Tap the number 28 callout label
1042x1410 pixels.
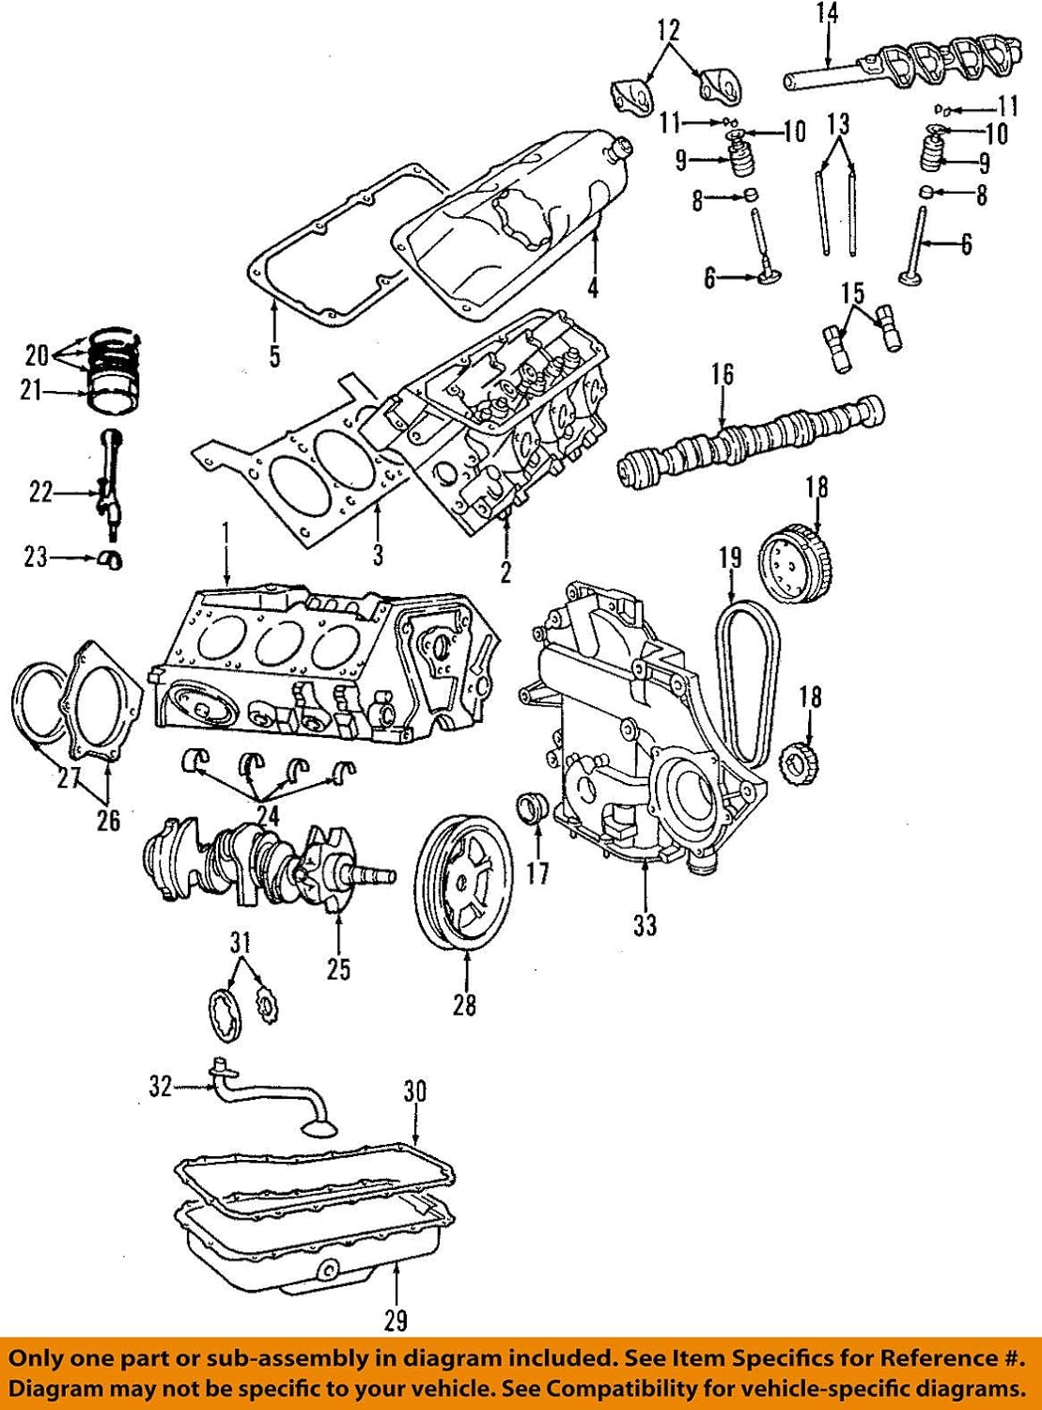(464, 1005)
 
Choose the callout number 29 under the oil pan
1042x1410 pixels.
(396, 1321)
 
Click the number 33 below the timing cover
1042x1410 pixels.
(645, 925)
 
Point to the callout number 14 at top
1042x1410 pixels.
(827, 13)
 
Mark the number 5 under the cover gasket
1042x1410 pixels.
(274, 356)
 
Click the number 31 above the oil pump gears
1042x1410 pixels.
(241, 940)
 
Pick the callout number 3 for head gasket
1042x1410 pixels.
(378, 555)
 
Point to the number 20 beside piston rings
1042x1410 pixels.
(36, 354)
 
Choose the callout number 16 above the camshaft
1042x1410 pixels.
(722, 374)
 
